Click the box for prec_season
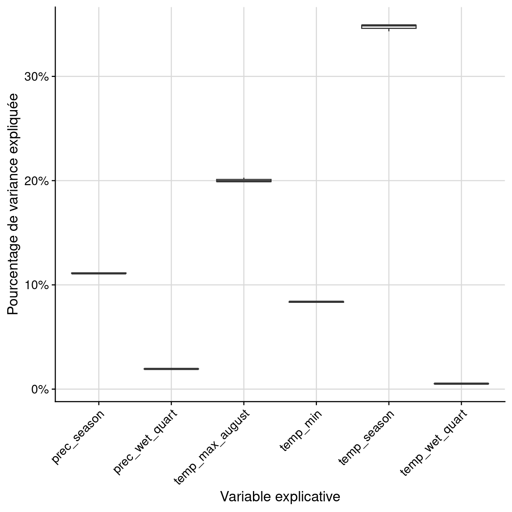[99, 273]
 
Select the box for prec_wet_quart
[171, 369]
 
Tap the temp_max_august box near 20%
[244, 181]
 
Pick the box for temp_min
[316, 302]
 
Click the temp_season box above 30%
[389, 26]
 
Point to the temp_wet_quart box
[461, 384]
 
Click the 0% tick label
[38, 389]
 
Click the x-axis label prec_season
[78, 437]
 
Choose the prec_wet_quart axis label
[146, 442]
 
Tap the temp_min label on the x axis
[301, 430]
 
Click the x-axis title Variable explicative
[280, 496]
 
